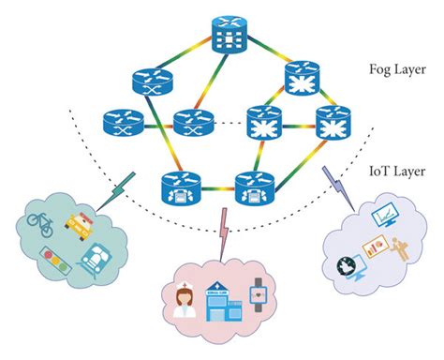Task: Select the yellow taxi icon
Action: click(x=81, y=223)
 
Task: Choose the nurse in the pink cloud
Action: click(x=182, y=302)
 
